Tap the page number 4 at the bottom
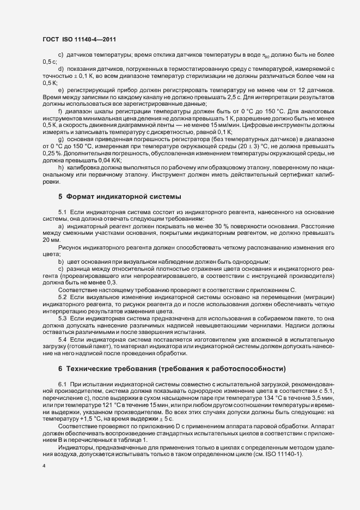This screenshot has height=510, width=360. (44, 467)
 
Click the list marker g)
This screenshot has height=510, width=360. (60, 139)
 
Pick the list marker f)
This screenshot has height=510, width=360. (60, 111)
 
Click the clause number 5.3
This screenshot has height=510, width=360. (62, 318)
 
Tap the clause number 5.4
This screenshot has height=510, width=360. (62, 339)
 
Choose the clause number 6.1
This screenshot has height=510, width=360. (62, 385)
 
